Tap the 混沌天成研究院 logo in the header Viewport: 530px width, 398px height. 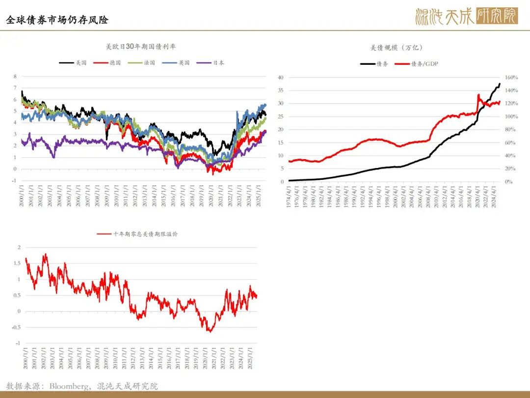click(466, 16)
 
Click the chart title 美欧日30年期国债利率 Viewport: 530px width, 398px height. click(141, 47)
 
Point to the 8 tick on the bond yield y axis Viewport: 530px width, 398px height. click(15, 77)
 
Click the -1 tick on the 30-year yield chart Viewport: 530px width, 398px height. click(14, 180)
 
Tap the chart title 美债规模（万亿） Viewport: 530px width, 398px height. click(396, 48)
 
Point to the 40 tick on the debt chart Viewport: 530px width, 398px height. click(280, 78)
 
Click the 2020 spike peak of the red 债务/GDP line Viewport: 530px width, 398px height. click(478, 94)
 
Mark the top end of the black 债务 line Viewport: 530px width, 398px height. click(500, 84)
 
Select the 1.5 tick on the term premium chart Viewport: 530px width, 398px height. click(18, 263)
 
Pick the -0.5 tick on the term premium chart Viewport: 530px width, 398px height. click(17, 327)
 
